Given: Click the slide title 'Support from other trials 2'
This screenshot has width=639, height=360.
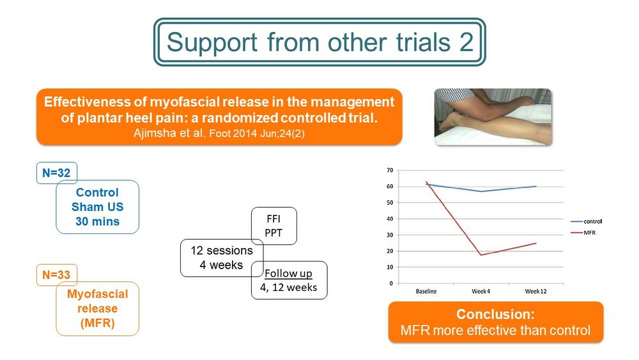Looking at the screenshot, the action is pos(320,42).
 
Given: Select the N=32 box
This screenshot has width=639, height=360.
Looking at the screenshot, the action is pos(56,173).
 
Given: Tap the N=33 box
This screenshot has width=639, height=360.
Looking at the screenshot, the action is pos(56,274).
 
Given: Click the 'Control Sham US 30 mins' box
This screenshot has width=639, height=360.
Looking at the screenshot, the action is pos(97,207).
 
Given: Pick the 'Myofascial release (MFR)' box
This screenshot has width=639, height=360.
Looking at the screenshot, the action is pos(97,309).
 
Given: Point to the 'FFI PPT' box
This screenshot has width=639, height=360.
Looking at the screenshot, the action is pos(274,226).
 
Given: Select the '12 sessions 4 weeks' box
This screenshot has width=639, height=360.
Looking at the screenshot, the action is pos(222,258).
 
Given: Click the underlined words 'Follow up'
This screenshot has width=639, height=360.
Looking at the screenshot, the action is pos(289,273).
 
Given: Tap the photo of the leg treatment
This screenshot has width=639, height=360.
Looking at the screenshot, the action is pos(493,117).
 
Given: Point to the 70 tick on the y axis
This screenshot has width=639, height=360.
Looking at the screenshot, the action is pos(390,170).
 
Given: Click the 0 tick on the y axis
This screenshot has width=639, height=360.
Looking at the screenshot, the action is pos(391,283).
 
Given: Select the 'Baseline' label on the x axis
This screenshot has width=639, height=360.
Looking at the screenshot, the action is pos(426,291).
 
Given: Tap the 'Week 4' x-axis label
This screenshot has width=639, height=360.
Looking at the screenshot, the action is pos(481,291).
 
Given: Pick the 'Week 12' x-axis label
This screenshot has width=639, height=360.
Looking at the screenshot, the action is pos(535,291).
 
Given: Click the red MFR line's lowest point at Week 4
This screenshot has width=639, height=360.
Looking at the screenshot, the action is pos(481,254).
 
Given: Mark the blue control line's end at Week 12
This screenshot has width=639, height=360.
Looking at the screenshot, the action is pos(536,186).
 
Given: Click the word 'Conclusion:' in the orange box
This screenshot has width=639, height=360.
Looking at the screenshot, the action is pos(495,314).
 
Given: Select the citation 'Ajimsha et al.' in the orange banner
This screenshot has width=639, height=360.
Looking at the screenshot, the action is pos(169,133).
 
